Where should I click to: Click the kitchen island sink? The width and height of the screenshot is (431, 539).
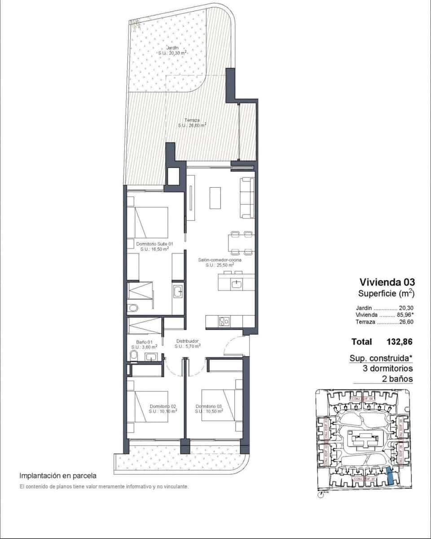pos(237,283)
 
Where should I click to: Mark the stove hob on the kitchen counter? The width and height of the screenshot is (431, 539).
pos(224,321)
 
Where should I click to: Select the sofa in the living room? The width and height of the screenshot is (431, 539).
pos(247,198)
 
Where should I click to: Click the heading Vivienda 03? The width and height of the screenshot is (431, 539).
pos(387,282)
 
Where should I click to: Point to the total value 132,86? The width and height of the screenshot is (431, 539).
pos(399,342)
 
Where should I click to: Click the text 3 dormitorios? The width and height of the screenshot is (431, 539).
pos(387,368)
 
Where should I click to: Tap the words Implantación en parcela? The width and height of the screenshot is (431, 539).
pos(58,475)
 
